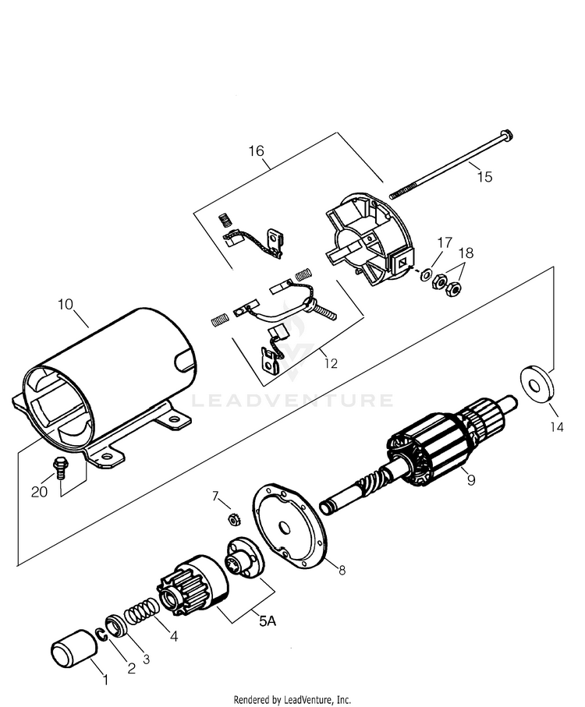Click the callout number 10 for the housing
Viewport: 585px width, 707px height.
66,305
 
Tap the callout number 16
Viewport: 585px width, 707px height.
256,150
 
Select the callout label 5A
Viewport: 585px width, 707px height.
267,621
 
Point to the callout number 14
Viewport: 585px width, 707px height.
558,426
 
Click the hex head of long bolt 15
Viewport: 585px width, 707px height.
507,136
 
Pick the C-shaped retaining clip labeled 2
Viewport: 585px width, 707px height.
102,635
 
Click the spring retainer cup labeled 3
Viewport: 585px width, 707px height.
116,626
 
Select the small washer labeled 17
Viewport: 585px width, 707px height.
425,274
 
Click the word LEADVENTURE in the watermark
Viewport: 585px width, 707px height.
292,401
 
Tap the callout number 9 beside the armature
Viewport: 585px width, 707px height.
471,480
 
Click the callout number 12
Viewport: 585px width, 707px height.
331,363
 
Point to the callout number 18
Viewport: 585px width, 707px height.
466,253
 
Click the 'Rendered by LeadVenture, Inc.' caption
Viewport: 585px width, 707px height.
292,699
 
